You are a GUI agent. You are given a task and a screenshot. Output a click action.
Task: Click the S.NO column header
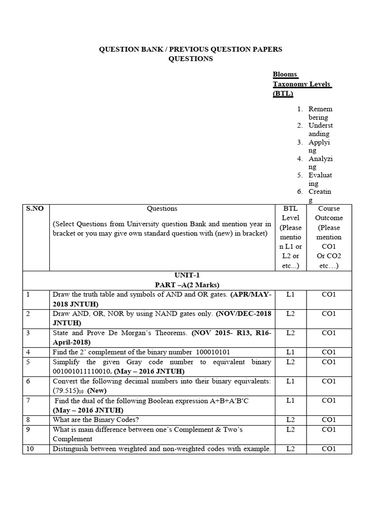tap(35, 209)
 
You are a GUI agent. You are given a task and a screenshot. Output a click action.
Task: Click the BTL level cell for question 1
tap(290, 294)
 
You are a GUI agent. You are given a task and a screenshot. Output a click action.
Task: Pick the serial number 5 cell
tap(29, 362)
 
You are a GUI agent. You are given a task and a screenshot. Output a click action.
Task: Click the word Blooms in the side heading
tap(285, 74)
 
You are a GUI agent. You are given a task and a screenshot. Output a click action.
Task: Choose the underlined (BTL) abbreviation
tap(283, 94)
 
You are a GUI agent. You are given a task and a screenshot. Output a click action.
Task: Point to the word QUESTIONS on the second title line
tap(191, 59)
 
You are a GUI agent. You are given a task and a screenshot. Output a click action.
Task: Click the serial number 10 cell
tap(31, 448)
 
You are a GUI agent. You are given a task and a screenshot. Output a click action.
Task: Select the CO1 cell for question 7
tap(329, 400)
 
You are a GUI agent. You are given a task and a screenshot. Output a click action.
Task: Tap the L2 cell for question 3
tap(290, 333)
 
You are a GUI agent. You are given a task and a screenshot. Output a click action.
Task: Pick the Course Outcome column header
tap(329, 213)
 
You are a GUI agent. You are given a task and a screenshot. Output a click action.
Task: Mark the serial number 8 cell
tap(29, 420)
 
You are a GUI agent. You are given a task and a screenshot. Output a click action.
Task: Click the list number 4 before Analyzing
tap(300, 159)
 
